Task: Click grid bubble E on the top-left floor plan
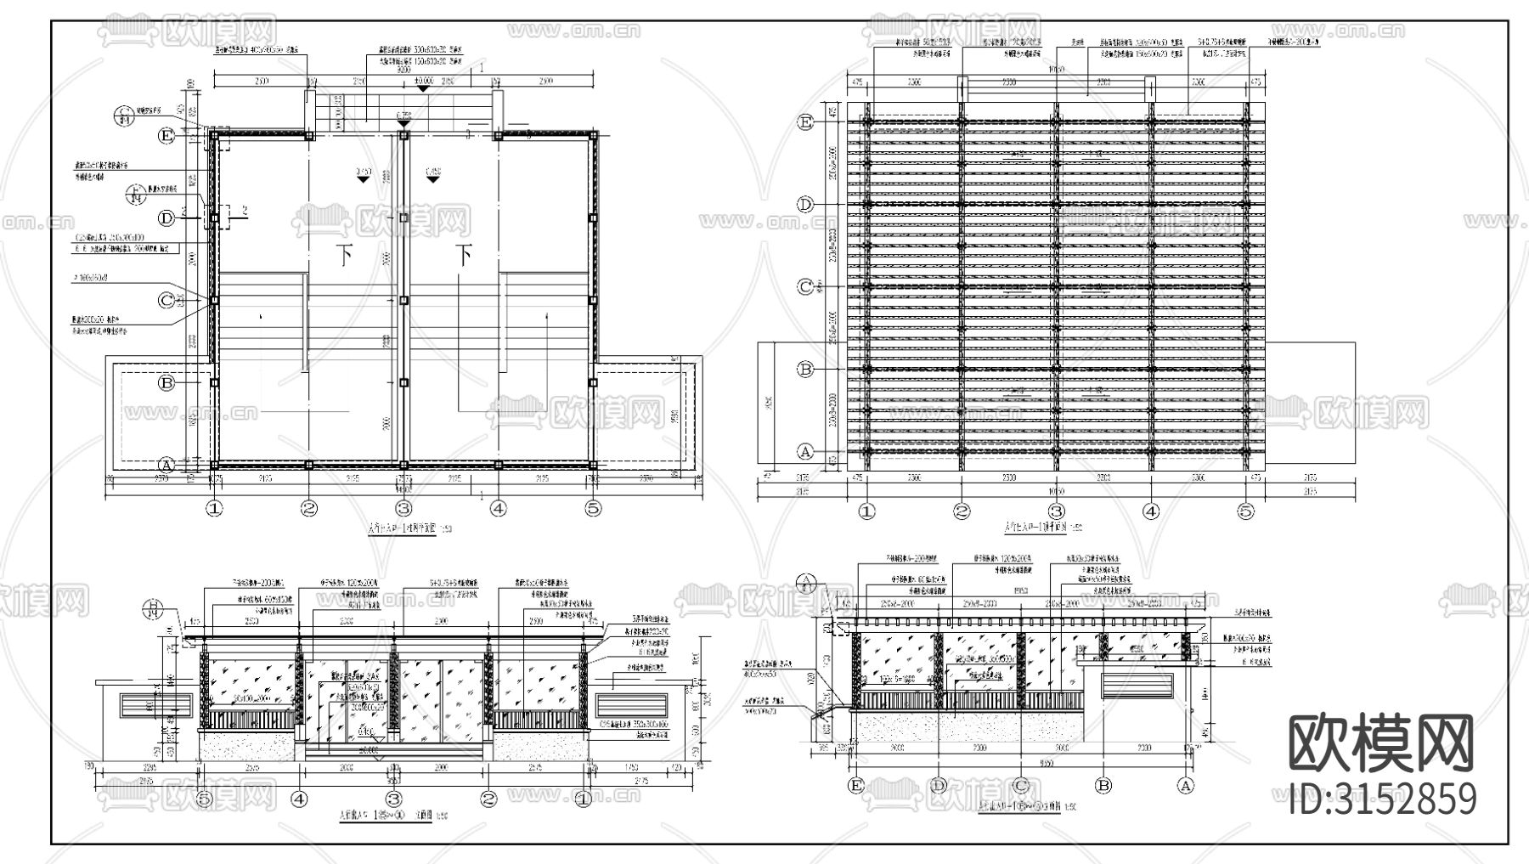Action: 167,136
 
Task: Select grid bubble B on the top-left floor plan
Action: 167,383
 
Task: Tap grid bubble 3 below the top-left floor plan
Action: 403,509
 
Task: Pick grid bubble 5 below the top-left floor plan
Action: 593,509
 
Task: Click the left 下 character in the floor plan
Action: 344,254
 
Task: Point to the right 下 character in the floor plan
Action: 463,254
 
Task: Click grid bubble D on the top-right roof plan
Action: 805,205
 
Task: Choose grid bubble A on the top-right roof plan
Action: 805,451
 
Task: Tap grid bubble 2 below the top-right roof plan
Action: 962,511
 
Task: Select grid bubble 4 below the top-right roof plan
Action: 1151,511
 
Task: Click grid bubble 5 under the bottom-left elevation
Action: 204,799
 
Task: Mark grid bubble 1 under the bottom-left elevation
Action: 584,799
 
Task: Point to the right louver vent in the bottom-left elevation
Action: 629,704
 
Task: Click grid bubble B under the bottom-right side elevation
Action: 1103,786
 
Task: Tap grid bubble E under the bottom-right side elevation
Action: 856,786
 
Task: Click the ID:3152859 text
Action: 1382,799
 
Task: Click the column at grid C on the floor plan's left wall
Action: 214,300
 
